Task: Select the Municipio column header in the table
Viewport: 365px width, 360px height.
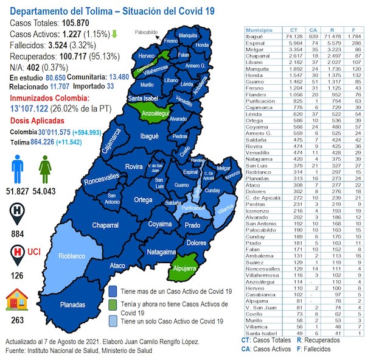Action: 261,29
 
